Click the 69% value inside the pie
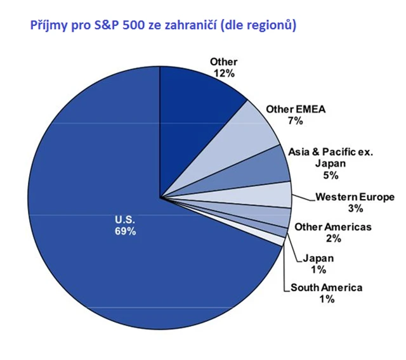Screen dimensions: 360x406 click(125, 231)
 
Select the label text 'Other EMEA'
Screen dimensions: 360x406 click(296, 109)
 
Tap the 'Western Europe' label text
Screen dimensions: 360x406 click(355, 197)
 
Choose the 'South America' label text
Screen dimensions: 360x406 click(327, 288)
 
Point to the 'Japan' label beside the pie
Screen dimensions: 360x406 click(318, 258)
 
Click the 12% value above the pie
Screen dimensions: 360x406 click(223, 74)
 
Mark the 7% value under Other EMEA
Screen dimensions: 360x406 click(295, 120)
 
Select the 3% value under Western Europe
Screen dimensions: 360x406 click(355, 209)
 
